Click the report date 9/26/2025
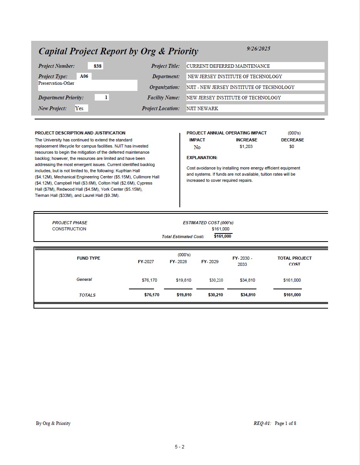pos(258,49)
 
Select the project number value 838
pos(98,66)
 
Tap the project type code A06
pos(84,76)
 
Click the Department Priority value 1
pos(106,97)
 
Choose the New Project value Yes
pos(79,108)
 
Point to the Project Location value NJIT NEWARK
pos(202,109)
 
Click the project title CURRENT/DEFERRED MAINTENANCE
pos(228,66)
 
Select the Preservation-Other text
pos(56,83)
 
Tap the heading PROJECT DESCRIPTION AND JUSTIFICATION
pos(80,133)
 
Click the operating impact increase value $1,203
pos(246,147)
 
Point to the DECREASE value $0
pos(291,147)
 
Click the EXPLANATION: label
pos(202,158)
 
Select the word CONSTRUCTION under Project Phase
pos(69,229)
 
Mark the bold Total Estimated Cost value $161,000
pos(223,236)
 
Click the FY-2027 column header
pos(146,262)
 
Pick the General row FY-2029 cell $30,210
pos(216,280)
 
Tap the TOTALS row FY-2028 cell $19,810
pos(184,295)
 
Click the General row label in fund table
pos(84,279)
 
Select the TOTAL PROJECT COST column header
pos(295,261)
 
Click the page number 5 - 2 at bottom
pos(179,447)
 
